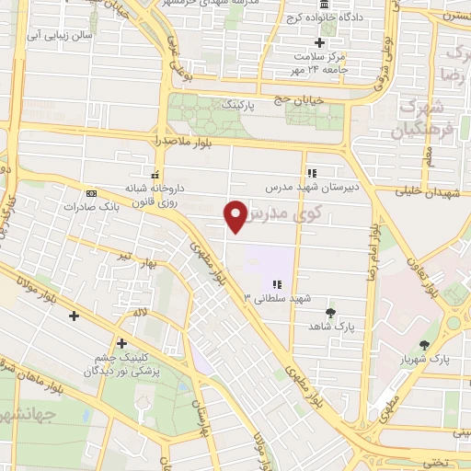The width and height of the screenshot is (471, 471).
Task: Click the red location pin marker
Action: (236, 215)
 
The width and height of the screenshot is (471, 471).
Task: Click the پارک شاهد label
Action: (332, 326)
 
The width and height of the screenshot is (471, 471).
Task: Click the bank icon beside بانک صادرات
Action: (90, 193)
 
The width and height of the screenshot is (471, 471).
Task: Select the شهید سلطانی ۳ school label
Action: (277, 298)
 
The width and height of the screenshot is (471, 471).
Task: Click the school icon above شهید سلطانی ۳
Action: (277, 283)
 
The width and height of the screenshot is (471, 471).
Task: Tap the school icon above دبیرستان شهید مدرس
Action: (311, 172)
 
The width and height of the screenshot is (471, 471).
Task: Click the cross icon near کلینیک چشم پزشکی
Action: (121, 343)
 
